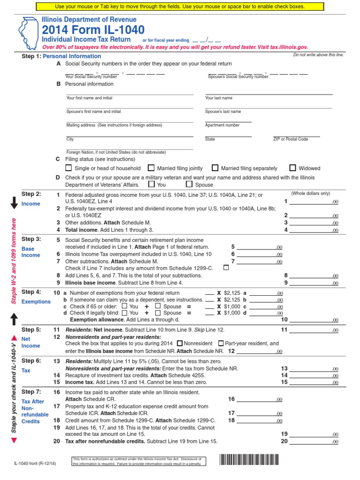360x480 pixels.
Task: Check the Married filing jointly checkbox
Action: (151, 168)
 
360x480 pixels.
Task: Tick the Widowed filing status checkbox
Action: (292, 168)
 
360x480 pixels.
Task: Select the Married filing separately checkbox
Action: (215, 168)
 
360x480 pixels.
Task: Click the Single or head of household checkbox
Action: (69, 168)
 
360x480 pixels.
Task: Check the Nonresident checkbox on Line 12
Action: (180, 343)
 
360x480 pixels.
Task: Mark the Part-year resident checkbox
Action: (221, 343)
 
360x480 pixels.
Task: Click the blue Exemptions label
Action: (36, 301)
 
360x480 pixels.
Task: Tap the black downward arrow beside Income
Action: (14, 202)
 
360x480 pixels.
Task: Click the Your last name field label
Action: (218, 98)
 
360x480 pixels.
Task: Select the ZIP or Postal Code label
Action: (291, 139)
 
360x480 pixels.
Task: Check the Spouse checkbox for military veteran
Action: (190, 185)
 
